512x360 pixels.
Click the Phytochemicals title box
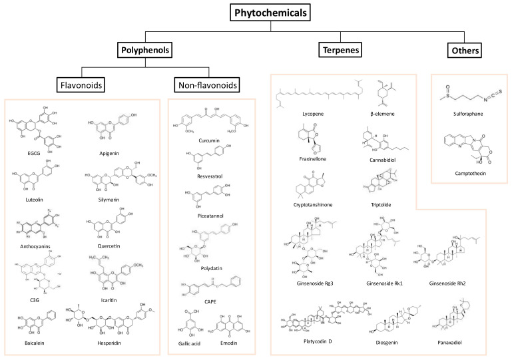(256, 12)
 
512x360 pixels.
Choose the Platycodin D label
(308, 341)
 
